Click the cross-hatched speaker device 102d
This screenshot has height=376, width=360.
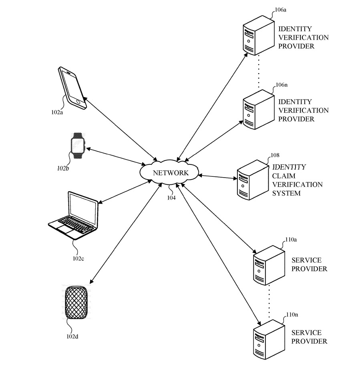tap(77, 303)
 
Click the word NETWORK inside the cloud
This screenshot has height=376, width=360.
tap(170, 173)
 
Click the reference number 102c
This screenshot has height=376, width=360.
tap(78, 258)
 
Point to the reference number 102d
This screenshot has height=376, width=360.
tap(72, 336)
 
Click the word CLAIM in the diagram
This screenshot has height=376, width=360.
tap(282, 176)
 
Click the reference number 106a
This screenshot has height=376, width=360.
tap(281, 10)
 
